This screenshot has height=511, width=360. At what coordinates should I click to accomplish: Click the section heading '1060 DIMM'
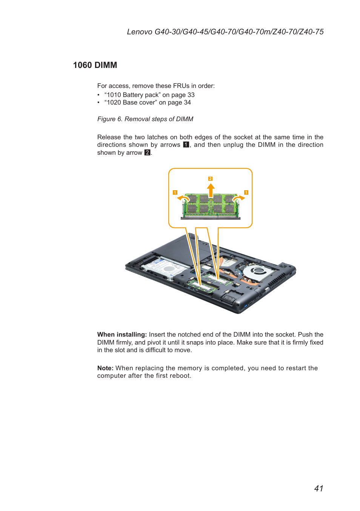[x=95, y=65]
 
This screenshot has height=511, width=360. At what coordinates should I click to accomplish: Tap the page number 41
[x=318, y=488]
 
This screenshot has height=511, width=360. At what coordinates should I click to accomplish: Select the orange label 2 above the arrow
[x=210, y=179]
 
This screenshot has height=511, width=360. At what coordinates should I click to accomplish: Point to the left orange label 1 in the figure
[x=175, y=192]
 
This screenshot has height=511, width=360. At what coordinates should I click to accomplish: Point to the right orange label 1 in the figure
[x=246, y=192]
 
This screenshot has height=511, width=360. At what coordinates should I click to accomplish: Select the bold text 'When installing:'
[x=122, y=334]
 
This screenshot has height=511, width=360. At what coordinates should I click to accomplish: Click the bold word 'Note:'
[x=105, y=368]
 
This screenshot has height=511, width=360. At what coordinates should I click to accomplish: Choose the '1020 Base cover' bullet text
[x=131, y=102]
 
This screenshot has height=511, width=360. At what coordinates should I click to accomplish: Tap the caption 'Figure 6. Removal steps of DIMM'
[x=145, y=119]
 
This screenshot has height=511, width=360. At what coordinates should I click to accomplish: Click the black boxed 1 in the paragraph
[x=186, y=145]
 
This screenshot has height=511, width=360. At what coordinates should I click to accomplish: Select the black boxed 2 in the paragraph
[x=147, y=152]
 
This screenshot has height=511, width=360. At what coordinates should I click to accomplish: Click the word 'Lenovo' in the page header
[x=140, y=32]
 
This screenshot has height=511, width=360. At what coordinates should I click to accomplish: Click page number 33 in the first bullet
[x=191, y=95]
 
